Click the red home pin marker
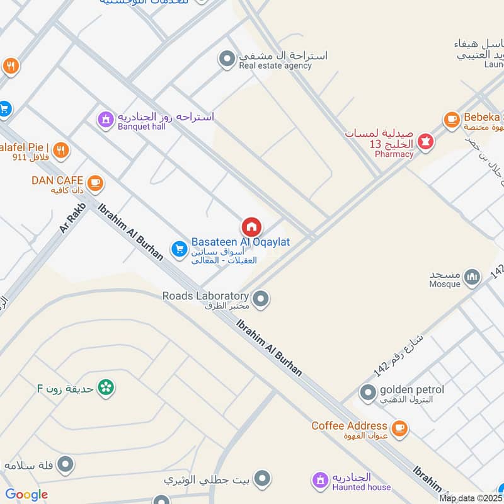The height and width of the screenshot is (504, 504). tap(251, 227)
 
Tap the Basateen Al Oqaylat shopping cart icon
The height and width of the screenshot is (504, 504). tap(179, 249)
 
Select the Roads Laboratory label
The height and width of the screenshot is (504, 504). tap(205, 295)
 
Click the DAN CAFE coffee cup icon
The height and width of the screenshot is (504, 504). tap(95, 183)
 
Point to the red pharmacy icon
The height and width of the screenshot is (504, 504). tap(427, 143)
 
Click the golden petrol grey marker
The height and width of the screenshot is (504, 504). tap(368, 394)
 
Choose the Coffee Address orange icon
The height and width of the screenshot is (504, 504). tap(398, 428)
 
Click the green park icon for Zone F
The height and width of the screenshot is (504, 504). tap(106, 388)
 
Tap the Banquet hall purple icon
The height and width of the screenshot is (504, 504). tap(105, 119)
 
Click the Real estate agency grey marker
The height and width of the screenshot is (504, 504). tap(226, 60)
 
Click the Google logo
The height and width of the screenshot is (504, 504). tap(26, 495)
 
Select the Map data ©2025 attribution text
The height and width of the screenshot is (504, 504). tap(471, 498)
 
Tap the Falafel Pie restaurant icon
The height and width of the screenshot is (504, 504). tap(60, 150)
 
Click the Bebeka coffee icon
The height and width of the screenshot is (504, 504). tap(451, 118)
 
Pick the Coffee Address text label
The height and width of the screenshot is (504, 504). tap(349, 426)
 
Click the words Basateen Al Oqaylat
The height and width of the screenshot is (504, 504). tap(240, 242)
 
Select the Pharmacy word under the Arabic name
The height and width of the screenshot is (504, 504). tap(394, 154)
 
